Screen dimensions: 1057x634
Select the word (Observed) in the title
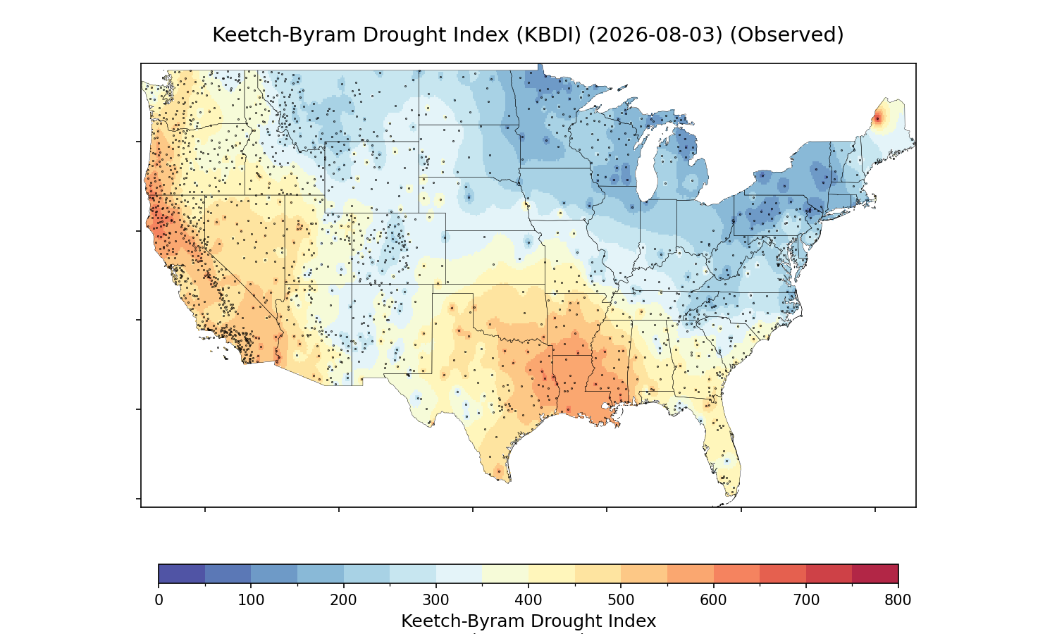tap(786, 35)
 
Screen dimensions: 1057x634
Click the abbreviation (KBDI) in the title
tap(549, 35)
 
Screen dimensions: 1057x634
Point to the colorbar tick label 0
tap(159, 600)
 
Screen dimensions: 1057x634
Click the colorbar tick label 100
tap(251, 600)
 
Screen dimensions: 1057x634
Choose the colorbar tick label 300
tap(436, 600)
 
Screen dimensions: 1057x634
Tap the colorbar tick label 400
tap(528, 600)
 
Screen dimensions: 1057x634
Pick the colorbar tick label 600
tap(713, 600)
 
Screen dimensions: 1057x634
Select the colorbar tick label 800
tap(898, 600)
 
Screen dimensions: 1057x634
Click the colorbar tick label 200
tap(344, 600)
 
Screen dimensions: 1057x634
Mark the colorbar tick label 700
tap(806, 600)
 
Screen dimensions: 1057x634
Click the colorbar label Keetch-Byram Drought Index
tap(528, 621)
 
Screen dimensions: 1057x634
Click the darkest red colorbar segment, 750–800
tap(875, 573)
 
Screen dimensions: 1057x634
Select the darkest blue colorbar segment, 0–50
tap(182, 573)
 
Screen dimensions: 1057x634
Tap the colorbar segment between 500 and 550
tap(644, 573)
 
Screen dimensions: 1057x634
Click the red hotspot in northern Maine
tap(877, 119)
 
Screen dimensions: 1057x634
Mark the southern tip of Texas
tap(509, 482)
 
